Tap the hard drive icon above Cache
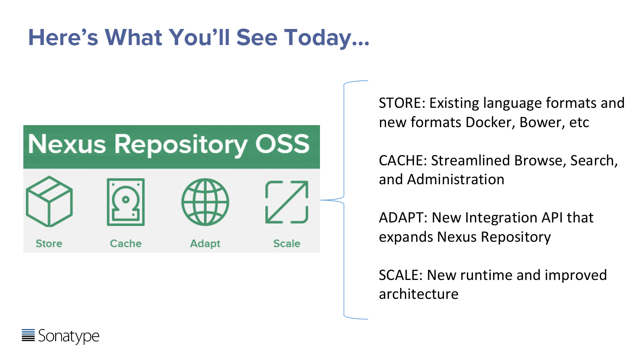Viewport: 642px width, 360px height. pos(126,202)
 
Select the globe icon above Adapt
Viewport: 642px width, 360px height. pos(205,202)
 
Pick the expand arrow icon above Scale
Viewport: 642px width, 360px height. pos(287,202)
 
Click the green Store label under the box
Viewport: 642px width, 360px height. pos(49,243)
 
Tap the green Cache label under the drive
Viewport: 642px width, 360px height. pos(126,243)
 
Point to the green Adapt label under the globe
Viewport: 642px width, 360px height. pos(205,244)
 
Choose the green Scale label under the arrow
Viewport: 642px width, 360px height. pos(287,243)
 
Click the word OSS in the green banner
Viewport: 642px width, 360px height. pos(282,144)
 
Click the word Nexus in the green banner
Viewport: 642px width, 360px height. pos(67,144)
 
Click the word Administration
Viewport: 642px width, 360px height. pos(456,179)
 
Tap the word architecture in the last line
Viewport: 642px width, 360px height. pos(419,294)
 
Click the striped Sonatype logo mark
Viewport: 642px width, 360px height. pos(28,335)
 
